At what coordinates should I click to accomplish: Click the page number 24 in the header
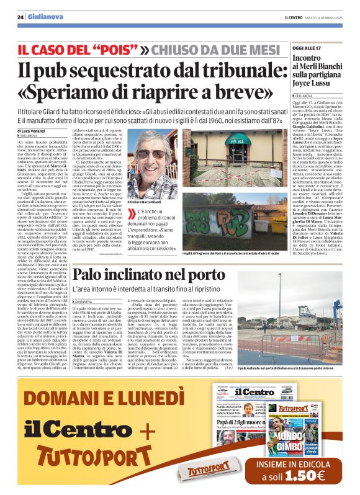click(x=20, y=17)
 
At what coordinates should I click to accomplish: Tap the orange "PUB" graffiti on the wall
click(x=224, y=220)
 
